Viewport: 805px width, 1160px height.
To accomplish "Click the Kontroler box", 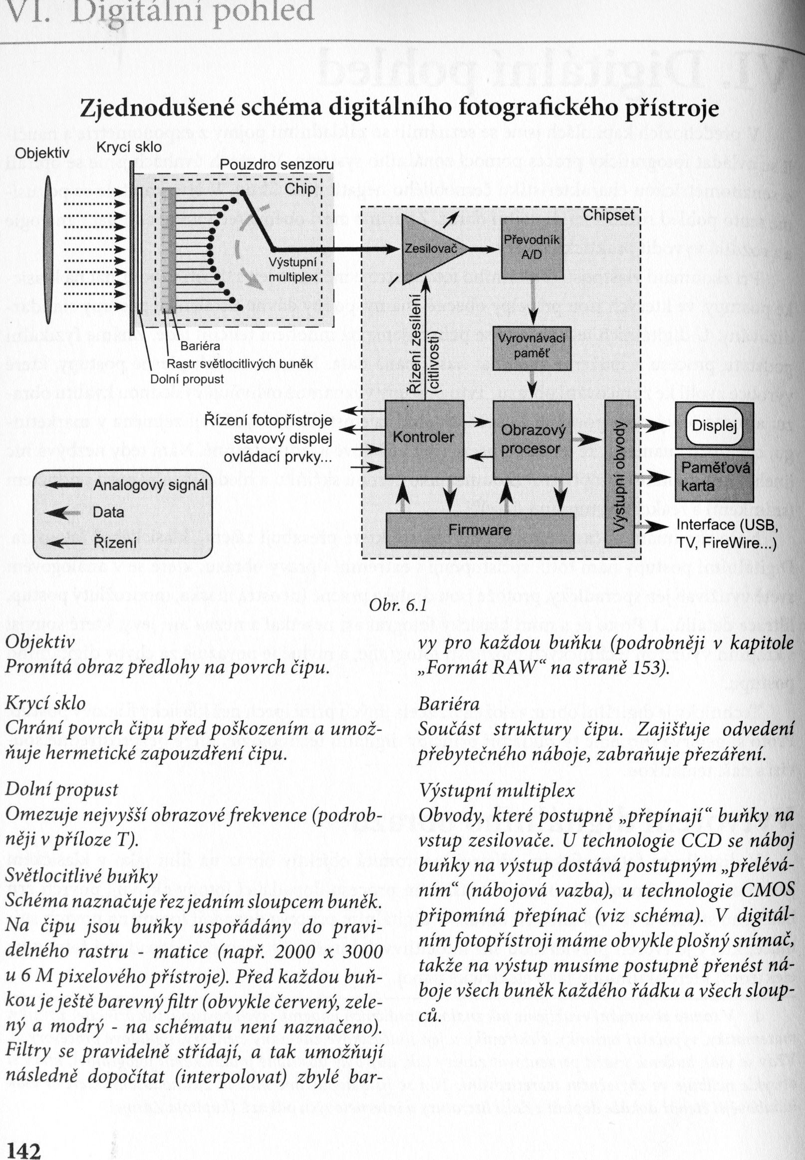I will [x=424, y=437].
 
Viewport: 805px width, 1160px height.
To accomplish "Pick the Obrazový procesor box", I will [x=532, y=439].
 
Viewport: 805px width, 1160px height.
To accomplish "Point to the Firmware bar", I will [x=480, y=530].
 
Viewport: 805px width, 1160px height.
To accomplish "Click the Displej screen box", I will [x=714, y=426].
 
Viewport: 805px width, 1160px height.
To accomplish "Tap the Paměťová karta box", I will [x=714, y=477].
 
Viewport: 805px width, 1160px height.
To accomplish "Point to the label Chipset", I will [x=608, y=215].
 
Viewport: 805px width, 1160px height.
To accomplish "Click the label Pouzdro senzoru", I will [x=276, y=165].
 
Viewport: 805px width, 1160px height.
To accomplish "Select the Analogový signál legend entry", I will [x=150, y=485].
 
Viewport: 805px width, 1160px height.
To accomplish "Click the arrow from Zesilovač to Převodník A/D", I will [x=485, y=248].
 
